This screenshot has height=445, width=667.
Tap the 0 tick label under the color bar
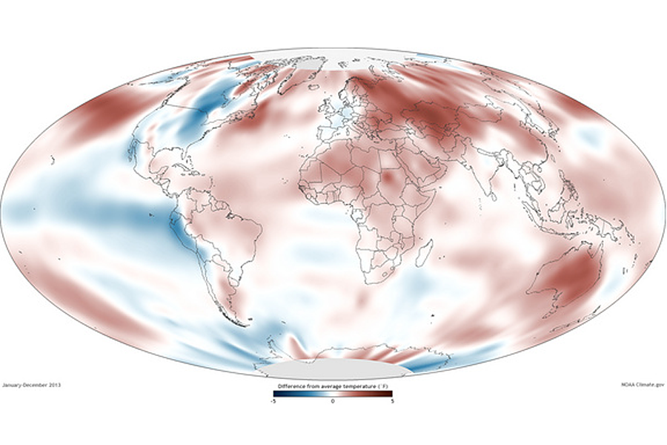[333, 400]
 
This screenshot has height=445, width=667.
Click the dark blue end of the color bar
[276, 394]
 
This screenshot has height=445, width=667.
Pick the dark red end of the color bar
[389, 394]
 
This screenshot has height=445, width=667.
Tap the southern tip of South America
[240, 323]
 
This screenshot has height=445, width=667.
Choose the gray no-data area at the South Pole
[333, 369]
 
